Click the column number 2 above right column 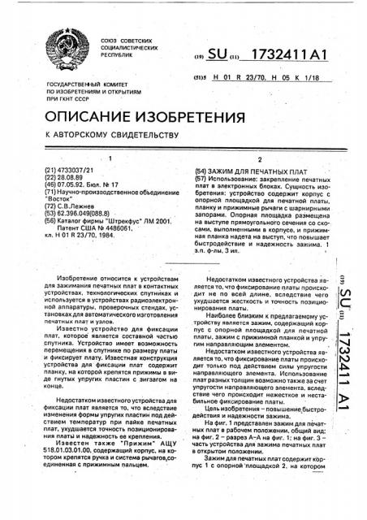click(x=258, y=159)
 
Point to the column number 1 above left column click(x=106, y=159)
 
